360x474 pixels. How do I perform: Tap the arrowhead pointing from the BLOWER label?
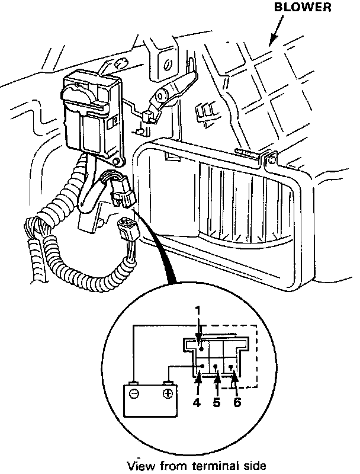(272, 42)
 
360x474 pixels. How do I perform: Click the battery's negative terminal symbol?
(134, 393)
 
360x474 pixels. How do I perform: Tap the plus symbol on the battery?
(168, 393)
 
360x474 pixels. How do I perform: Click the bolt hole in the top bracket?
(168, 63)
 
